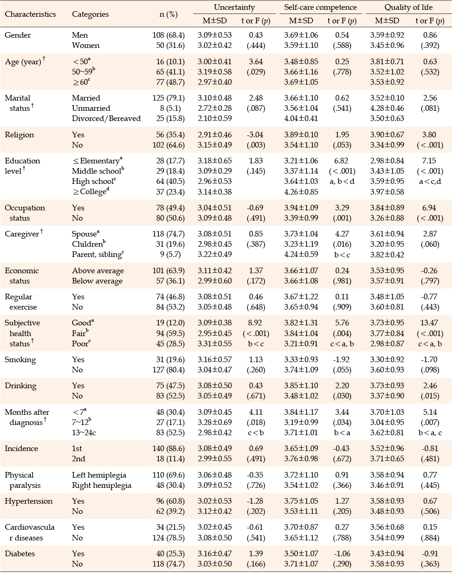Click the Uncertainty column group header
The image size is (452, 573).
[x=235, y=7]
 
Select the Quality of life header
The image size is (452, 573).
[x=408, y=7]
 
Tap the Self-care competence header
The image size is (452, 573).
[x=320, y=7]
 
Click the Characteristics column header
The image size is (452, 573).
[x=30, y=14]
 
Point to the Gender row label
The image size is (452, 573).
[x=18, y=35]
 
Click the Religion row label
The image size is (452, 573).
[x=19, y=135]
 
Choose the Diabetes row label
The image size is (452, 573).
[x=20, y=554]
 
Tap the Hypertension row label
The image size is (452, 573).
[x=28, y=501]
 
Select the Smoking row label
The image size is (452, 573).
[x=20, y=360]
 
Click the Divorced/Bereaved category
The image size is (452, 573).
[x=106, y=119]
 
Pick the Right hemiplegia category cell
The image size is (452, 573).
[x=101, y=485]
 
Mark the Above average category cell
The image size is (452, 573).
[x=98, y=271]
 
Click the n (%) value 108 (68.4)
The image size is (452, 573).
[x=169, y=35]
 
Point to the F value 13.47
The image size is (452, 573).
[x=429, y=323]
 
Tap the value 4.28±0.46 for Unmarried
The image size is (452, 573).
[x=387, y=108]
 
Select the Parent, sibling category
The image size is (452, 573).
[x=98, y=255]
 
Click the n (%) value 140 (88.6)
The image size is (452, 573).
[x=169, y=449]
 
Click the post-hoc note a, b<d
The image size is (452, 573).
[x=342, y=182]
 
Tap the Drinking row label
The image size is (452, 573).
[x=20, y=386]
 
